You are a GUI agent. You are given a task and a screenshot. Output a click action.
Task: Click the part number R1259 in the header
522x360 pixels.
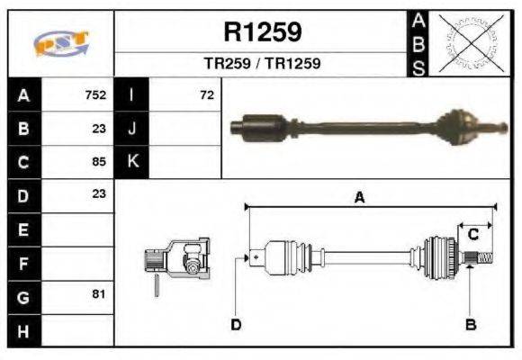pos(262,32)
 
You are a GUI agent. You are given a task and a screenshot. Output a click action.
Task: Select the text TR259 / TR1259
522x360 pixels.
pos(262,64)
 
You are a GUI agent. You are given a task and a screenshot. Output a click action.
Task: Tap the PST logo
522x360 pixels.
pos(60,43)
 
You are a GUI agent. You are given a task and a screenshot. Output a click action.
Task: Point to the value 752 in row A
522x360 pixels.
pos(95,94)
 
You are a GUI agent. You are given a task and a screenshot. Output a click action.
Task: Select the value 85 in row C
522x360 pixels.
pos(98,162)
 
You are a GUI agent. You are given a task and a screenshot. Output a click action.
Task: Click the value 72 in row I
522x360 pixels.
pos(207,94)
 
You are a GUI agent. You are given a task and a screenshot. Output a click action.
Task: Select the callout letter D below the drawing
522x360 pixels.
pos(236,324)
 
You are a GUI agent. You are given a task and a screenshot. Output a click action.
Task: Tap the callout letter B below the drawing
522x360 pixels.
pos(470,324)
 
